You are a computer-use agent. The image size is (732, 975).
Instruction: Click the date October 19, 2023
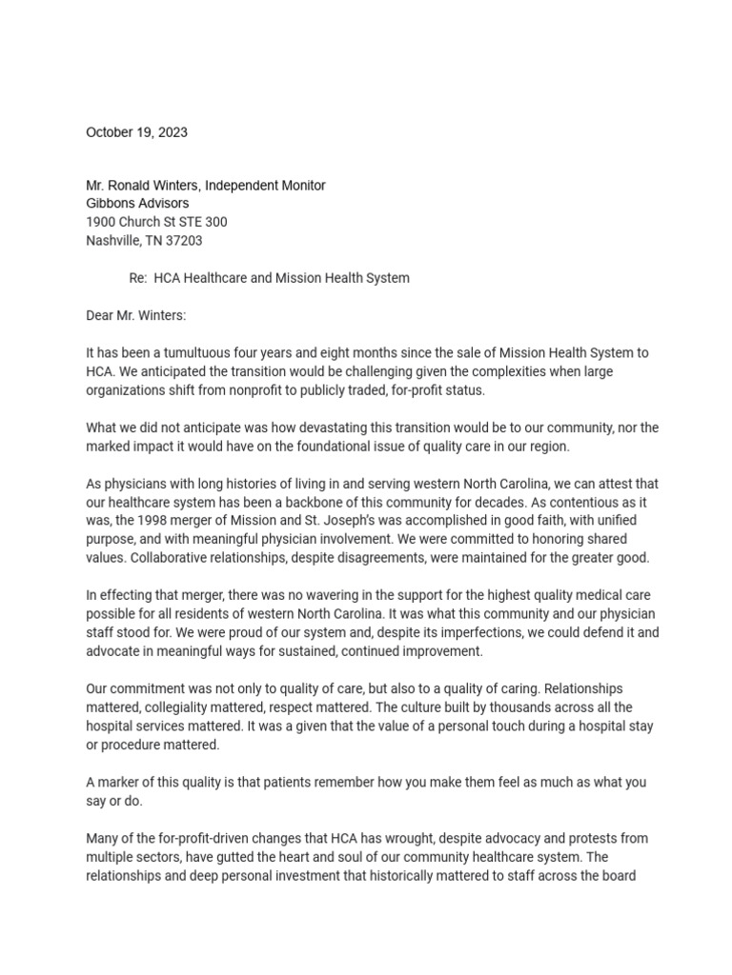tap(136, 132)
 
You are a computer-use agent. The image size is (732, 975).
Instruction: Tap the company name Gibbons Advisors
tap(137, 203)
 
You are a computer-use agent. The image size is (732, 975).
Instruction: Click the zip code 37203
tap(183, 241)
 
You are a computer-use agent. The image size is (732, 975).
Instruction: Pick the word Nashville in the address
tap(113, 241)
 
